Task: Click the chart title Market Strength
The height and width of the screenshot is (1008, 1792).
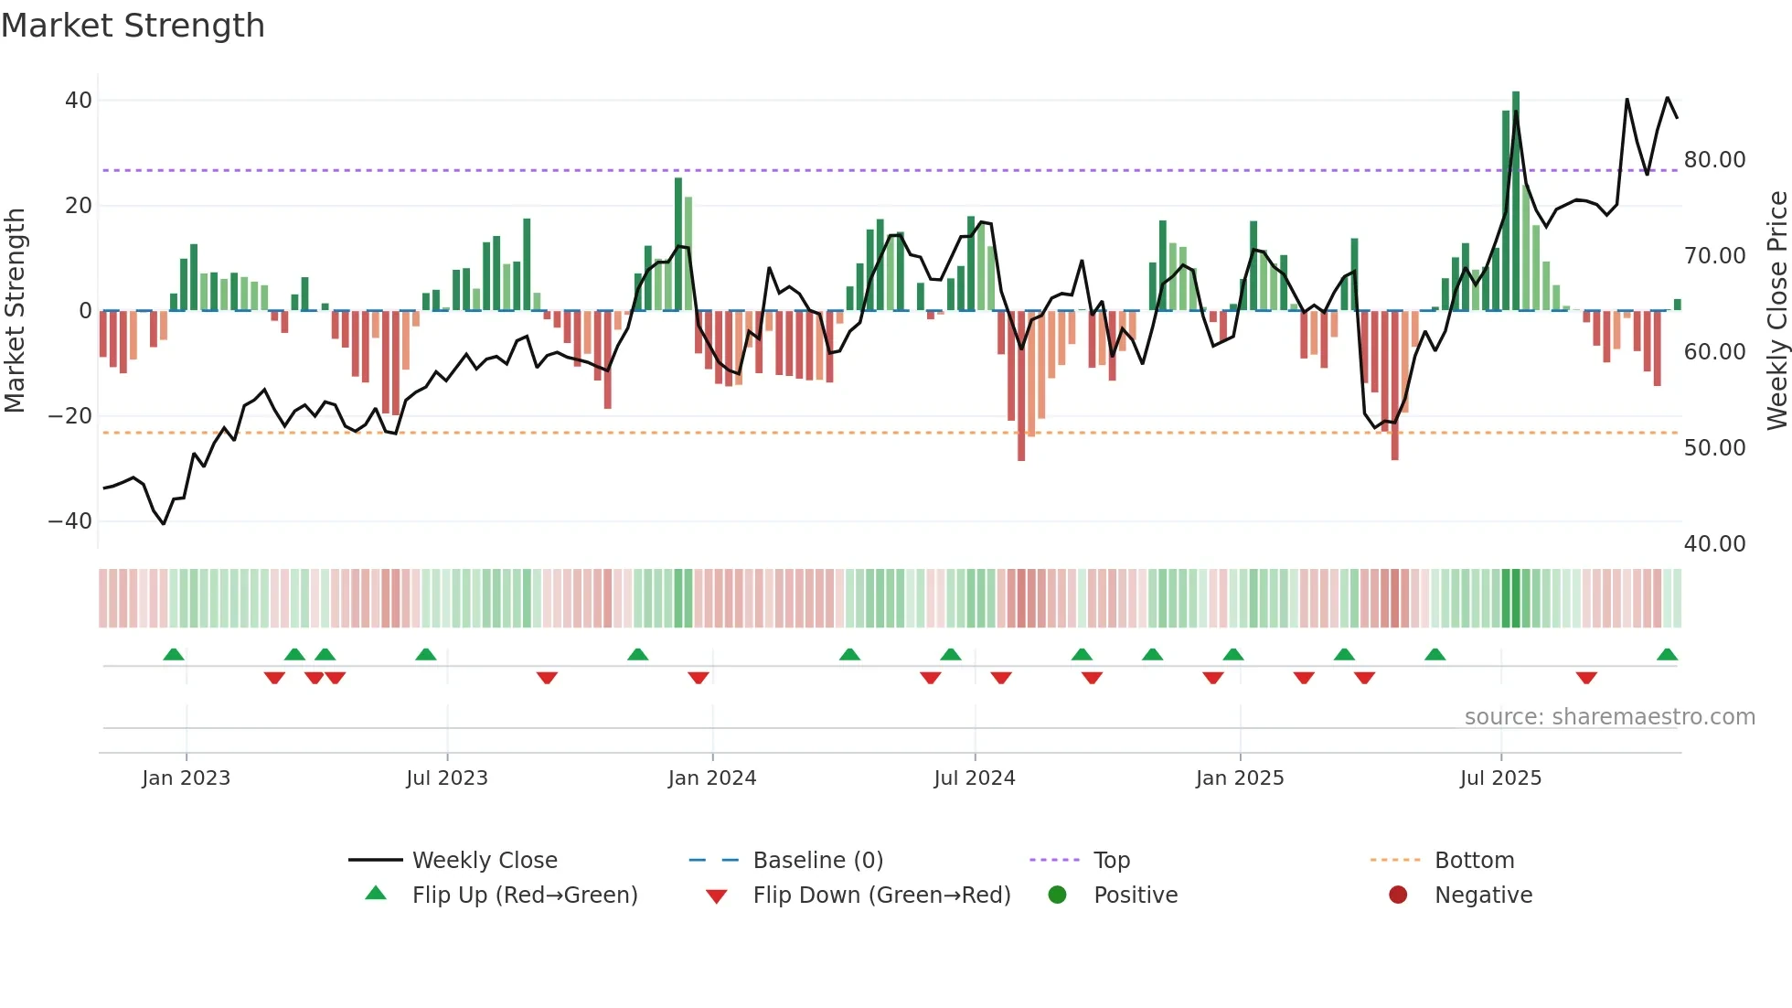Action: [x=133, y=26]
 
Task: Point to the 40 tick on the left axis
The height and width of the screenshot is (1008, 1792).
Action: [x=79, y=101]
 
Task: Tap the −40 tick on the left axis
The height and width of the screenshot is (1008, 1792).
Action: [x=70, y=521]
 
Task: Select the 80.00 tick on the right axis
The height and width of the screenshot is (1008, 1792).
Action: [x=1714, y=160]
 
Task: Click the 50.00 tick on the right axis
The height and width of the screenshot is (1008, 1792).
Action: [x=1714, y=448]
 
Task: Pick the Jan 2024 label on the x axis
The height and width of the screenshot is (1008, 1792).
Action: [x=712, y=778]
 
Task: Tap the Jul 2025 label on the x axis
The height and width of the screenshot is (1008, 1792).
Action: [x=1500, y=778]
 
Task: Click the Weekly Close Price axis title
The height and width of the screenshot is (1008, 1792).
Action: [x=1776, y=311]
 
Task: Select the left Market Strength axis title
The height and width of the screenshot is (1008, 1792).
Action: [x=15, y=311]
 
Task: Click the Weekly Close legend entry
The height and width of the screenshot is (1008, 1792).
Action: [x=484, y=861]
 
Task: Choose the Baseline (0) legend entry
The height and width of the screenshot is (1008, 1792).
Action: [x=817, y=861]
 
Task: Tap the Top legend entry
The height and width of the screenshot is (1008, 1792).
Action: [x=1111, y=861]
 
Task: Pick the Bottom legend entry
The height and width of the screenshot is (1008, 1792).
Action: [x=1474, y=861]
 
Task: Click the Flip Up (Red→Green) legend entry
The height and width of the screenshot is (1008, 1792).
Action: [x=524, y=895]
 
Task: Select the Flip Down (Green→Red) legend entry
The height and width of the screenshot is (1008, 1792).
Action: [x=881, y=895]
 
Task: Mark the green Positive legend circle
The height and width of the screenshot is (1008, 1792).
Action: [x=1057, y=895]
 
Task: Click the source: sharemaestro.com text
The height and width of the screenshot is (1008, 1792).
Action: [x=1609, y=717]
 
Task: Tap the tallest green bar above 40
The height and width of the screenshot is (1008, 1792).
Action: [x=1516, y=201]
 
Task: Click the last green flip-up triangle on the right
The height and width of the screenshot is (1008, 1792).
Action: [x=1667, y=655]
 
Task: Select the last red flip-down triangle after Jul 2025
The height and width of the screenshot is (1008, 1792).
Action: [x=1586, y=678]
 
